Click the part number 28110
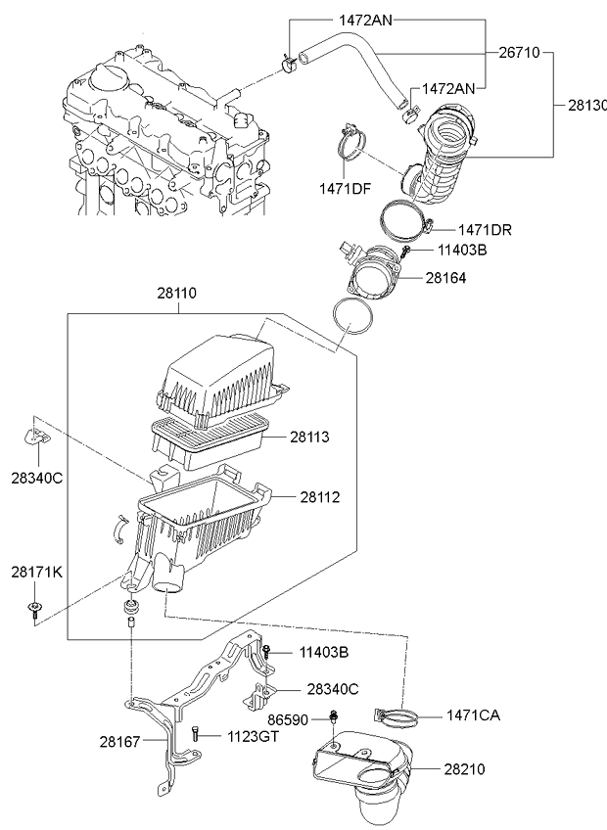pos(178,293)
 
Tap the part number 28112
pos(321,498)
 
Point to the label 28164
pos(446,278)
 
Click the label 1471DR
pos(485,229)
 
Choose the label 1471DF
pos(345,187)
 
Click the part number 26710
pos(520,51)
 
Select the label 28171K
pos(37,572)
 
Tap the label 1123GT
pos(254,736)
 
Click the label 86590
pos(289,720)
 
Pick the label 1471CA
pos(474,715)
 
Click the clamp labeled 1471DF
pos(349,145)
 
